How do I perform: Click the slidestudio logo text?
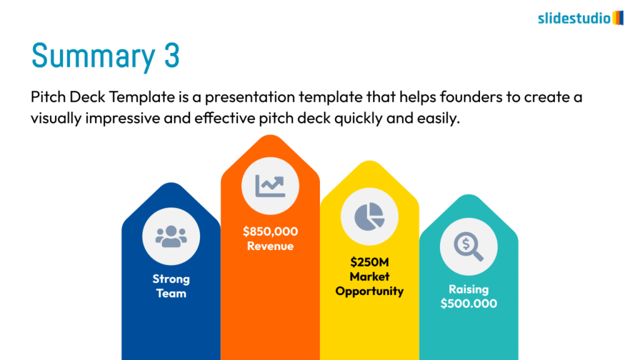pos(574,18)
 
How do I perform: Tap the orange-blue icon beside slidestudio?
pos(618,18)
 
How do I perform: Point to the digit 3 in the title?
pos(172,55)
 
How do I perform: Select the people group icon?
pos(171,236)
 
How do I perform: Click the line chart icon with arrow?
pos(270,186)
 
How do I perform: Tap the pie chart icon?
pos(369,216)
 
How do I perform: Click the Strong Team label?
pos(171,286)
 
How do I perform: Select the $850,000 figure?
pos(270,231)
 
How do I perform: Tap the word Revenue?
pos(270,246)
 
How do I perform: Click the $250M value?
pos(369,262)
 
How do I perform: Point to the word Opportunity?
pos(369,291)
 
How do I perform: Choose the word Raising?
pos(469,289)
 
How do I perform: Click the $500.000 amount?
pos(469,304)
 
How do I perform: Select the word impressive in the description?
pos(122,118)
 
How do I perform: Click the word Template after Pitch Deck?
pos(142,97)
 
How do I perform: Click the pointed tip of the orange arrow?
pos(270,135)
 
